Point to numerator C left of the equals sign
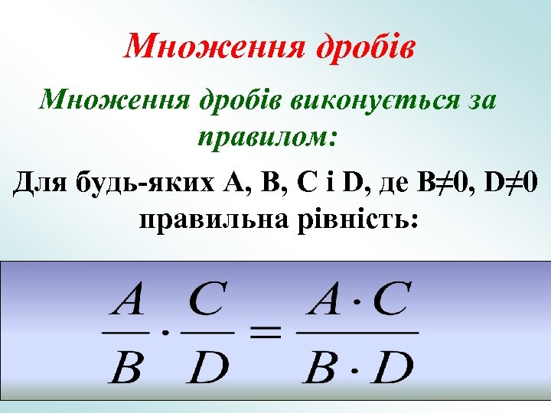click(206, 301)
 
